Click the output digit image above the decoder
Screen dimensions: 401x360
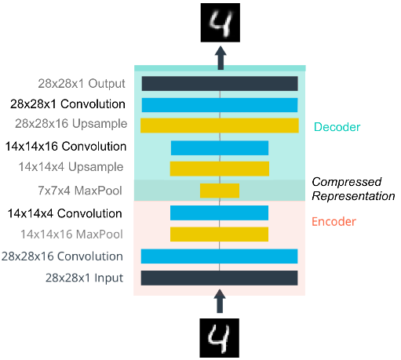[x=221, y=23]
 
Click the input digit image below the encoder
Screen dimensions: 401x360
[x=220, y=338]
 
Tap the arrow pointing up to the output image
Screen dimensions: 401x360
[x=221, y=58]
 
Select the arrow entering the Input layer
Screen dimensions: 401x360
[x=220, y=301]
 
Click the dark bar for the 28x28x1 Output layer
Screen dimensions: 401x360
[x=220, y=84]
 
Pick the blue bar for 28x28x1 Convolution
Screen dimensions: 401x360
[x=220, y=105]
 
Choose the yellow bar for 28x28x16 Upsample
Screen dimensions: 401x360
[x=220, y=125]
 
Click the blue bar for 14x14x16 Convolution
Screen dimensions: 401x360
[x=220, y=148]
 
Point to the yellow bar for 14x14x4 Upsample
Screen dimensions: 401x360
[x=220, y=169]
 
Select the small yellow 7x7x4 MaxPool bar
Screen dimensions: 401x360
[x=220, y=191]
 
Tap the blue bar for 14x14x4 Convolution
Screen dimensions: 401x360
[x=219, y=213]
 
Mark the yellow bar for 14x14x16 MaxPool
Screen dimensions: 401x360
[x=219, y=235]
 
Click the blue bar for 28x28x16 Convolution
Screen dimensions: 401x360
[x=219, y=256]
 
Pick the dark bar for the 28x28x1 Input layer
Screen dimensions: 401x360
[x=219, y=278]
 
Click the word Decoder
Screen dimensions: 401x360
[x=337, y=127]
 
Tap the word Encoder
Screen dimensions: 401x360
[x=334, y=222]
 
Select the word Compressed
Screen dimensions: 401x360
[x=347, y=182]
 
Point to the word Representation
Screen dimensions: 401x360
[x=353, y=196]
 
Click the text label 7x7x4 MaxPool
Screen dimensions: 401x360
[x=80, y=191]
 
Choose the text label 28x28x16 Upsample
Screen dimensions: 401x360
[x=71, y=124]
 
